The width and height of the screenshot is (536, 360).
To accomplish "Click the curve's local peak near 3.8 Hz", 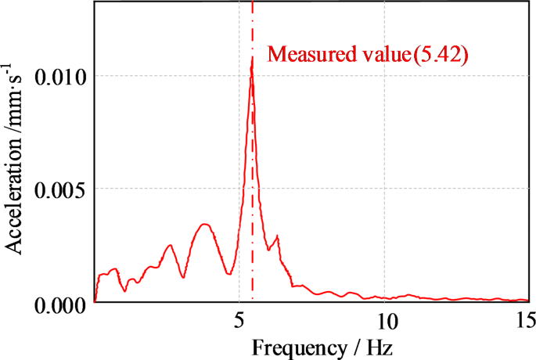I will point(205,225).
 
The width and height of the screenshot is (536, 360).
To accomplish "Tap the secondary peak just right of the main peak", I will point(277,236).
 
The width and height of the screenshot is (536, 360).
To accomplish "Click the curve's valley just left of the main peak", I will point(228,273).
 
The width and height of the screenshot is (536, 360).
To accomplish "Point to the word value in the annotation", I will point(380,55).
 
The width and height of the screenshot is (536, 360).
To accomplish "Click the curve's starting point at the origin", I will point(95,301).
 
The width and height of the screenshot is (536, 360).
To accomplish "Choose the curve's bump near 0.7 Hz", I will point(115,268).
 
